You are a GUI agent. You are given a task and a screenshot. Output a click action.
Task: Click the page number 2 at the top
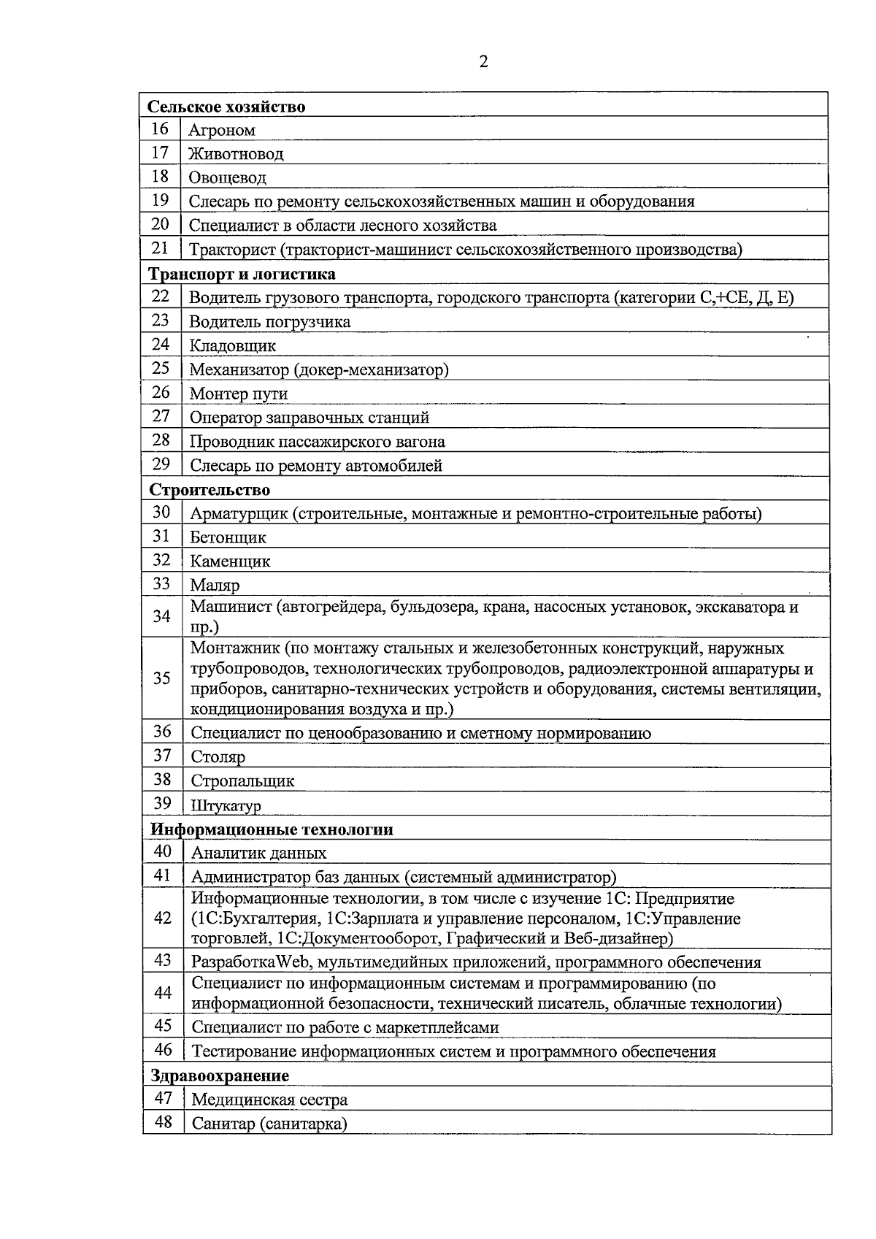pyautogui.click(x=483, y=62)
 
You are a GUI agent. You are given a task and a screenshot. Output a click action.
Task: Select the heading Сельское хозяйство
pyautogui.click(x=226, y=107)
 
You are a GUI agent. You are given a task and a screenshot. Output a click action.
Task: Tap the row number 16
pyautogui.click(x=160, y=129)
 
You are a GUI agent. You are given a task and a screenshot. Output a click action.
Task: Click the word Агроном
pyautogui.click(x=222, y=131)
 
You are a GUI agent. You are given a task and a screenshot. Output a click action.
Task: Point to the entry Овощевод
pyautogui.click(x=227, y=177)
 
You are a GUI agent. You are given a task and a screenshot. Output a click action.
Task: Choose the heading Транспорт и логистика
pyautogui.click(x=242, y=275)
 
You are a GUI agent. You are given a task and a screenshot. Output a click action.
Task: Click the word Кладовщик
pyautogui.click(x=233, y=346)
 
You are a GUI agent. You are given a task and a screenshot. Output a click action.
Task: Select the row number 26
pyautogui.click(x=161, y=393)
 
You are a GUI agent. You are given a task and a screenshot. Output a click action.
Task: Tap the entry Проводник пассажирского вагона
pyautogui.click(x=317, y=442)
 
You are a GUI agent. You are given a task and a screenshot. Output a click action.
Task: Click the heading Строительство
pyautogui.click(x=210, y=490)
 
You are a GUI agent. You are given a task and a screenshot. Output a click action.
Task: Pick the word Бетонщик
pyautogui.click(x=228, y=538)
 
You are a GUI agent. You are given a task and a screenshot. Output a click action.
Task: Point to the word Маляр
pyautogui.click(x=215, y=586)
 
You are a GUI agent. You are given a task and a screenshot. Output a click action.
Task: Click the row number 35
pyautogui.click(x=162, y=678)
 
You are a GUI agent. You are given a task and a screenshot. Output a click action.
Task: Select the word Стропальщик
pyautogui.click(x=242, y=781)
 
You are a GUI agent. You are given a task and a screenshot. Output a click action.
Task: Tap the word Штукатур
pyautogui.click(x=226, y=806)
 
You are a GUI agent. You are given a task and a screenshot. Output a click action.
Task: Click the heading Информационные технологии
pyautogui.click(x=272, y=830)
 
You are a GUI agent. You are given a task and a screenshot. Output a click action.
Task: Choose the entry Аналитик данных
pyautogui.click(x=258, y=854)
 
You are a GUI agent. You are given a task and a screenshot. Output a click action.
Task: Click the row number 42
pyautogui.click(x=163, y=918)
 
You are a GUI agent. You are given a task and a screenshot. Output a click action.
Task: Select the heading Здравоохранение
pyautogui.click(x=220, y=1076)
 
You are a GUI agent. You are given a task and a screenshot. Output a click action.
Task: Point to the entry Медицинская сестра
pyautogui.click(x=269, y=1100)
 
